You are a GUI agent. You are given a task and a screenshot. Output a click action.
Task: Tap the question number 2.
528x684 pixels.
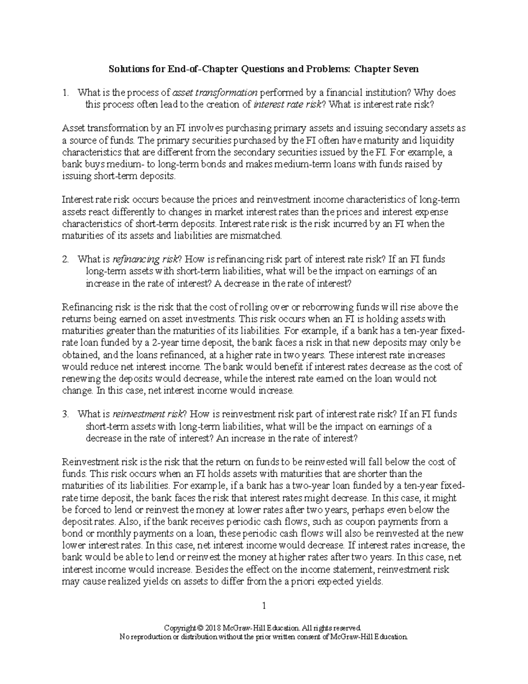click(x=66, y=260)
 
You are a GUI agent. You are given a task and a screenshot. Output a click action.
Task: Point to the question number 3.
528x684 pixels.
click(x=66, y=414)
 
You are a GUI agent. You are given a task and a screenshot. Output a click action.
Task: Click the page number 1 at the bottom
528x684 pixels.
click(x=264, y=606)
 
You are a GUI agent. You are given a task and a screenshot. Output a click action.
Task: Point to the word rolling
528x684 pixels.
click(x=253, y=307)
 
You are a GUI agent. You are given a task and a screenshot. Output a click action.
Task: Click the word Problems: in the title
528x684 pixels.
click(x=330, y=69)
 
